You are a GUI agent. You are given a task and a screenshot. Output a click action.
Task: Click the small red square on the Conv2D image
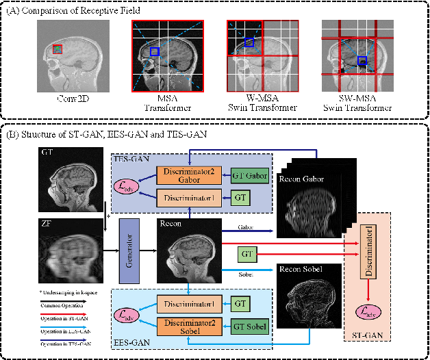click(x=58, y=49)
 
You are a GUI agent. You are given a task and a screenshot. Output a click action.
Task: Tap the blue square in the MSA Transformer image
click(x=155, y=52)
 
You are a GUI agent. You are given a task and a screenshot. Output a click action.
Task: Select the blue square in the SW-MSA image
click(x=362, y=62)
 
